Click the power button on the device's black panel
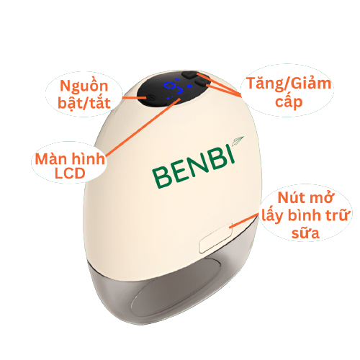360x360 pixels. click(150, 98)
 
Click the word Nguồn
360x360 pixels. click(84, 86)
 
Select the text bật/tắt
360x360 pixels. click(84, 103)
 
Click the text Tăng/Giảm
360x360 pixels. click(289, 84)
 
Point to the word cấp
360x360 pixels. click(289, 102)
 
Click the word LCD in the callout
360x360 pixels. click(70, 174)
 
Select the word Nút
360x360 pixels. click(292, 198)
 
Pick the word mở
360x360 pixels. click(322, 198)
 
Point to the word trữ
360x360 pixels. click(337, 215)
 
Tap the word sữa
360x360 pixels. click(305, 233)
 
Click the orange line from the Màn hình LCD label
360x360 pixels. click(143, 127)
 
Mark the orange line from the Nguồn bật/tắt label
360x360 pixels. click(134, 98)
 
